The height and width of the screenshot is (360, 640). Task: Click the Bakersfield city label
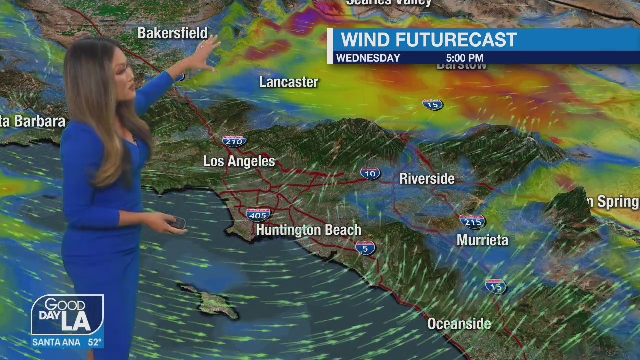pyautogui.click(x=172, y=33)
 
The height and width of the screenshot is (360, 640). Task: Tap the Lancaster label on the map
pyautogui.click(x=289, y=82)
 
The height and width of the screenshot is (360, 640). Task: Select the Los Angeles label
pyautogui.click(x=239, y=161)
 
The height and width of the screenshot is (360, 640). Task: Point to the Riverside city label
pyautogui.click(x=427, y=179)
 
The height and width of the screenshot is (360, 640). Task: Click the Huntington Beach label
pyautogui.click(x=308, y=230)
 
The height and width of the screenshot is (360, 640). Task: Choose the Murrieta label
pyautogui.click(x=482, y=240)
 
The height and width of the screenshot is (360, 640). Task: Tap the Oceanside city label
pyautogui.click(x=459, y=324)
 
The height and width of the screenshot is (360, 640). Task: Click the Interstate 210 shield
pyautogui.click(x=234, y=141)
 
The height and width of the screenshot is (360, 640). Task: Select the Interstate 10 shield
pyautogui.click(x=370, y=173)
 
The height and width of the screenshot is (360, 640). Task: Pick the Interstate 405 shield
pyautogui.click(x=258, y=215)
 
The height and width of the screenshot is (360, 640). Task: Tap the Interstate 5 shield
pyautogui.click(x=365, y=248)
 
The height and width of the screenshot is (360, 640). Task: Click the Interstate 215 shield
pyautogui.click(x=472, y=221)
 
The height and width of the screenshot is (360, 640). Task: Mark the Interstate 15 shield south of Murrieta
pyautogui.click(x=495, y=286)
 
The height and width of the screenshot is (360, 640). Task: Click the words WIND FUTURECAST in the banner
pyautogui.click(x=428, y=40)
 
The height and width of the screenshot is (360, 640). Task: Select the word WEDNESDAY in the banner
pyautogui.click(x=368, y=58)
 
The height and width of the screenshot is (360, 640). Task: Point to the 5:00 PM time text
pyautogui.click(x=464, y=58)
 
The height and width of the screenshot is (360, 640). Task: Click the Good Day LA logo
pyautogui.click(x=67, y=315)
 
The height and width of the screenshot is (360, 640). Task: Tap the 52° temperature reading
pyautogui.click(x=95, y=343)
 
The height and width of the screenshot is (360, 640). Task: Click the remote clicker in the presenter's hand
pyautogui.click(x=177, y=223)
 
